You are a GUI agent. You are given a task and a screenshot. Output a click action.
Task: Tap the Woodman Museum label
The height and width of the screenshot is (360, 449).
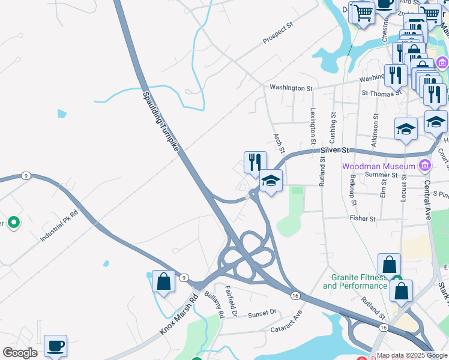click(x=379, y=166)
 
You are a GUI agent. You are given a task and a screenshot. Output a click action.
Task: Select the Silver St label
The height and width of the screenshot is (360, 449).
click(x=334, y=149)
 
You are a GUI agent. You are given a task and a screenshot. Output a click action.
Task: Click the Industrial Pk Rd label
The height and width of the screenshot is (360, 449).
click(x=59, y=226)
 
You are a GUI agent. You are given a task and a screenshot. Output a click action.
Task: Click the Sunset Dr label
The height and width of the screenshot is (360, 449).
click(x=262, y=313)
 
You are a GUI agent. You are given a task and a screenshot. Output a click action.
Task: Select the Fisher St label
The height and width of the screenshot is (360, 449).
click(x=363, y=219)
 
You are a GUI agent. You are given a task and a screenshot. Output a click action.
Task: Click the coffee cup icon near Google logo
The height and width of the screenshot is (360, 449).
click(x=55, y=346)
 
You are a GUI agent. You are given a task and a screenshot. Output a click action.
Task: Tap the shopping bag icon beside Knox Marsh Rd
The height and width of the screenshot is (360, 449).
click(x=163, y=281)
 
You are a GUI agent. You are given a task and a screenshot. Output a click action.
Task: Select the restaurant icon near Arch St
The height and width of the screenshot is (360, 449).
click(x=255, y=162)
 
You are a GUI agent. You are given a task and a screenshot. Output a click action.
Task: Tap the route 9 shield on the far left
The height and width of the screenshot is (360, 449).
click(x=25, y=176)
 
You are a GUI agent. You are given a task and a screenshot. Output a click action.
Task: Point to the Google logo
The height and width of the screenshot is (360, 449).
click(x=20, y=353)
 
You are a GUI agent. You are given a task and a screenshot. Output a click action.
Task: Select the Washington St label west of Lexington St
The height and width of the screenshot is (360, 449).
click(x=291, y=88)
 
